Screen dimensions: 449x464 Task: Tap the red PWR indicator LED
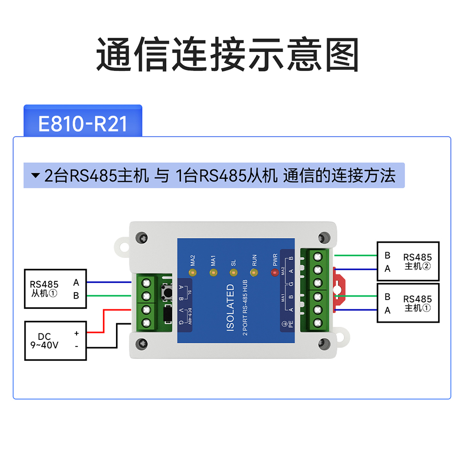pos(274,272)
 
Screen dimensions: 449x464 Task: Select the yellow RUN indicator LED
pos(253,272)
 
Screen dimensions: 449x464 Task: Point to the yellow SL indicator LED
pos(233,272)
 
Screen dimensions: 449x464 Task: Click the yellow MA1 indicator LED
pos(213,272)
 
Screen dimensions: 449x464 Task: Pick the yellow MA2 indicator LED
pos(192,272)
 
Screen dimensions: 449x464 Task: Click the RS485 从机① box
pos(56,288)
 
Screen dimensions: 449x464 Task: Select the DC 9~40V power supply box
pos(56,340)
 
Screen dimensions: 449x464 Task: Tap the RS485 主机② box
pos(408,261)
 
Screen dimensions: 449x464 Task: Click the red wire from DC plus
pos(103,320)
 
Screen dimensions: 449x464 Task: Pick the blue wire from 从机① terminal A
pos(109,282)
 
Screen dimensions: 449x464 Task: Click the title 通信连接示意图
pos(227,55)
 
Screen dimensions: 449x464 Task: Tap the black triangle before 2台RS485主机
pos(35,176)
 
